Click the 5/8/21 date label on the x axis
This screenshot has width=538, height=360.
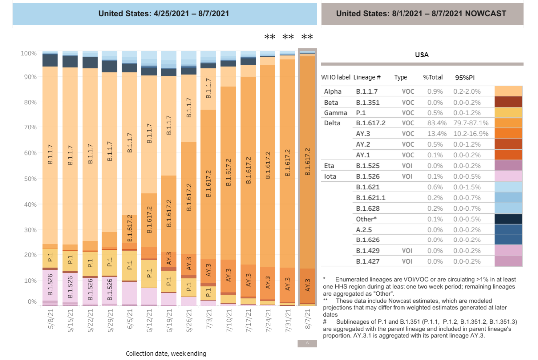tap(50, 319)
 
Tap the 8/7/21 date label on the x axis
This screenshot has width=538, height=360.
tap(307, 319)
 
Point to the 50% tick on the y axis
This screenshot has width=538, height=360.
tap(30, 178)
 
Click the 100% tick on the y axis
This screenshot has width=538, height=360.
tap(29, 53)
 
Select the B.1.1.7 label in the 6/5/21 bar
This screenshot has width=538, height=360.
tap(129, 143)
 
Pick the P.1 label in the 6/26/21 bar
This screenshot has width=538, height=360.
tap(189, 287)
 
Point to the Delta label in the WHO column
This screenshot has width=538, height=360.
tap(332, 123)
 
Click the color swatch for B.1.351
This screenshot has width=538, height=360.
tap(508, 102)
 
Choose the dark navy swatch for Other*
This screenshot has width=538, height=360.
tap(508, 219)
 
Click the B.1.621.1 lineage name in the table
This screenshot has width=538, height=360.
tap(369, 198)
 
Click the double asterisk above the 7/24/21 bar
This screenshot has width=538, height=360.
tap(269, 37)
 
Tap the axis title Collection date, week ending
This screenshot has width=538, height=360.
tap(165, 354)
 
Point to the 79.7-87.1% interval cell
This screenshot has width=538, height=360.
tap(471, 123)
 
